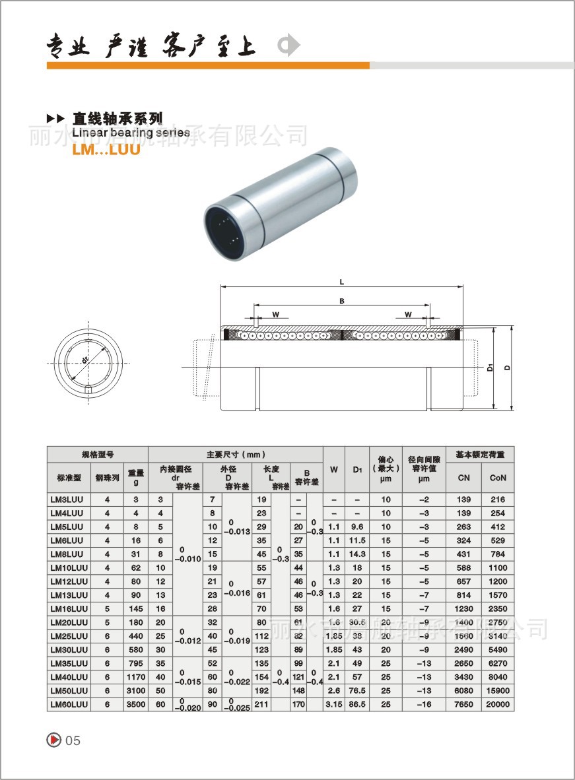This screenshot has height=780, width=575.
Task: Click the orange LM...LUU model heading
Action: [106, 148]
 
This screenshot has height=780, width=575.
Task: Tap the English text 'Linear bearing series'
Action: [131, 133]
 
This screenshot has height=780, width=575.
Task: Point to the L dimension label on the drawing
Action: [341, 282]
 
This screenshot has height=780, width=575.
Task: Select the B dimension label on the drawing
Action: [341, 300]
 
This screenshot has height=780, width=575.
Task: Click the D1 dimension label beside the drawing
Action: [490, 367]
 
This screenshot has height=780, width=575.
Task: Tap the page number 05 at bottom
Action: [73, 740]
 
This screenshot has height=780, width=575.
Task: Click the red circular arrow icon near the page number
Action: [54, 740]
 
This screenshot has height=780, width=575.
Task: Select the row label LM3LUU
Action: [67, 500]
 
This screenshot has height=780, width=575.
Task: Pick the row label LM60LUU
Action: [69, 704]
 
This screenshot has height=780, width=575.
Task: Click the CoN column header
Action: [498, 478]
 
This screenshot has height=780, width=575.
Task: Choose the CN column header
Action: [463, 478]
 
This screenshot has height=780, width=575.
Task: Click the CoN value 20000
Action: [498, 704]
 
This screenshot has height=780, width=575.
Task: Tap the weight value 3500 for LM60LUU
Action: [136, 704]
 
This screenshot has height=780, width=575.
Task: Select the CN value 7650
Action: [463, 704]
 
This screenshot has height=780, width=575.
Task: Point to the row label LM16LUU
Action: [69, 608]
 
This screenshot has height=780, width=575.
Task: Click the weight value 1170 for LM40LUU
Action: [136, 676]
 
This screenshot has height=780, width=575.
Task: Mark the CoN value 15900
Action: [498, 690]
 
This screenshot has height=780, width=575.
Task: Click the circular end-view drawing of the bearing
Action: [87, 359]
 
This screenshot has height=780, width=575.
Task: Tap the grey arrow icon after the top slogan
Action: [288, 46]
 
